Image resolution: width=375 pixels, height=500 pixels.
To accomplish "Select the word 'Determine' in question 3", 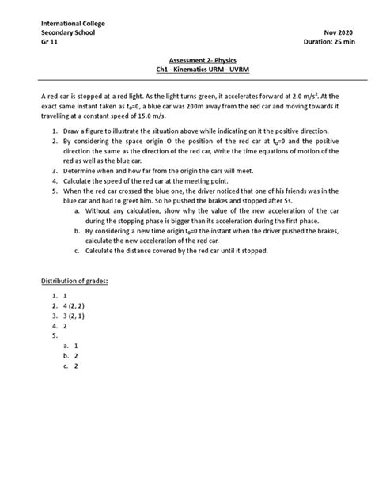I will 80,171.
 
